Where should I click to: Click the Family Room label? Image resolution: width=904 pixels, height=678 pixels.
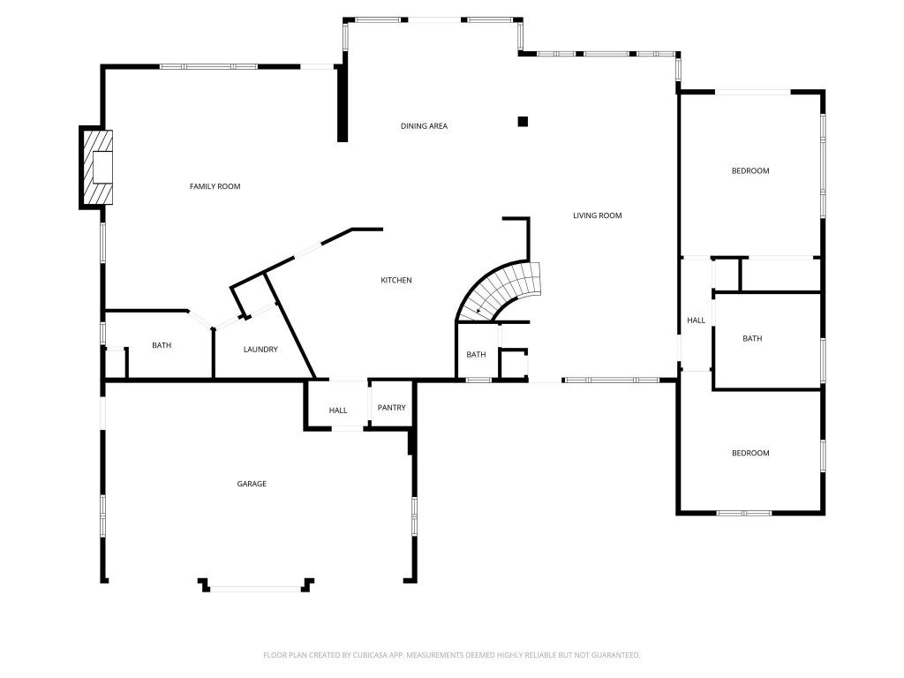click(215, 186)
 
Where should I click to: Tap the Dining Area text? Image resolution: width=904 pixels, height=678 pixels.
click(424, 126)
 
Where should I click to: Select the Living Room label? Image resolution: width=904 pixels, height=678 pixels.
click(597, 215)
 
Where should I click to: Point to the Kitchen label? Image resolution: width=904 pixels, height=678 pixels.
click(395, 281)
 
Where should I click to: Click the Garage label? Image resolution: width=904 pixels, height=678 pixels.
click(251, 484)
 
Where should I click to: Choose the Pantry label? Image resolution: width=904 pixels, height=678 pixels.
click(391, 408)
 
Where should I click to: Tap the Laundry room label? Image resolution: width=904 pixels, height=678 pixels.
click(260, 350)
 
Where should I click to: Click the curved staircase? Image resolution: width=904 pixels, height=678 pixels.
click(501, 289)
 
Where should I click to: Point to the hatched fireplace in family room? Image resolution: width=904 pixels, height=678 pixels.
click(96, 168)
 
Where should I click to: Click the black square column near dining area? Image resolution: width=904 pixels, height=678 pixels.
click(523, 122)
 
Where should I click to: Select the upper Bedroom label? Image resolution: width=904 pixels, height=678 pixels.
click(750, 171)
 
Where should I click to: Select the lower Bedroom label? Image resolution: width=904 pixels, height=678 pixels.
click(750, 454)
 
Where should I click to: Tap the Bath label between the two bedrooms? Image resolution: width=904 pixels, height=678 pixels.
click(752, 339)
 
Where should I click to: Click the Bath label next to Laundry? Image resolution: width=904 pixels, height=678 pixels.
click(162, 346)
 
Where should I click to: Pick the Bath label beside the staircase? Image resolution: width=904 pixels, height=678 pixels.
click(476, 355)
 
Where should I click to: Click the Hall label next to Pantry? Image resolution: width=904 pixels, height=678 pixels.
click(338, 411)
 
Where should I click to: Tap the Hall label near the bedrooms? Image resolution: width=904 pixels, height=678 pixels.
click(696, 320)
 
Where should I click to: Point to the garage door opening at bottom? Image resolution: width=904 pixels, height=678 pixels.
click(256, 588)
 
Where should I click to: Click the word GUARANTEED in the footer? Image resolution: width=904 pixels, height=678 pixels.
click(612, 655)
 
